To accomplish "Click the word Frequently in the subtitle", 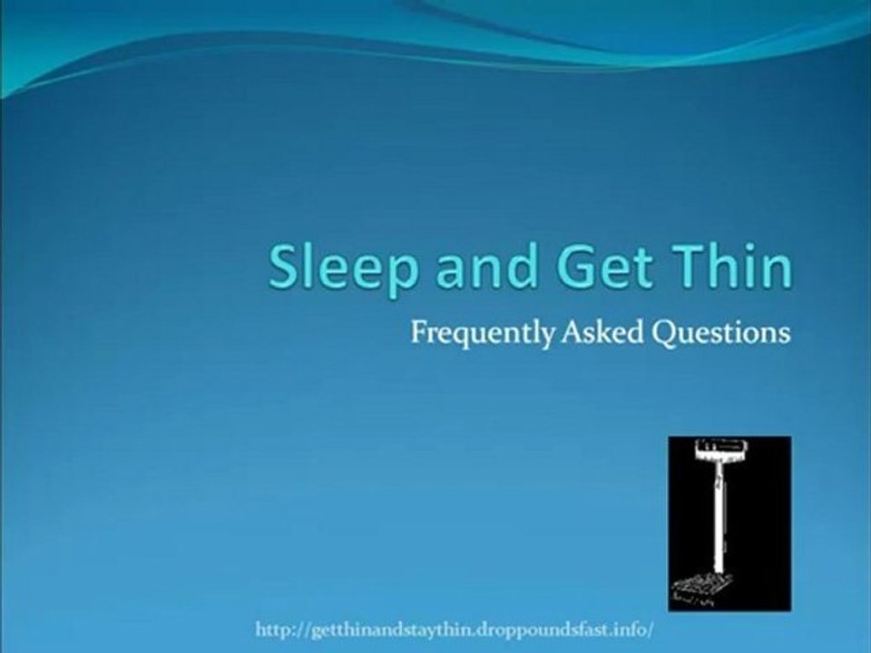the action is tap(482, 334).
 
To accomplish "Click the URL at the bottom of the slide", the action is tap(455, 630).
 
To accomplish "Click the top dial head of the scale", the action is tap(719, 451).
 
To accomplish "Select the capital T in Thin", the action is tap(688, 267).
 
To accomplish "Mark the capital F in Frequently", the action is tap(419, 332).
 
